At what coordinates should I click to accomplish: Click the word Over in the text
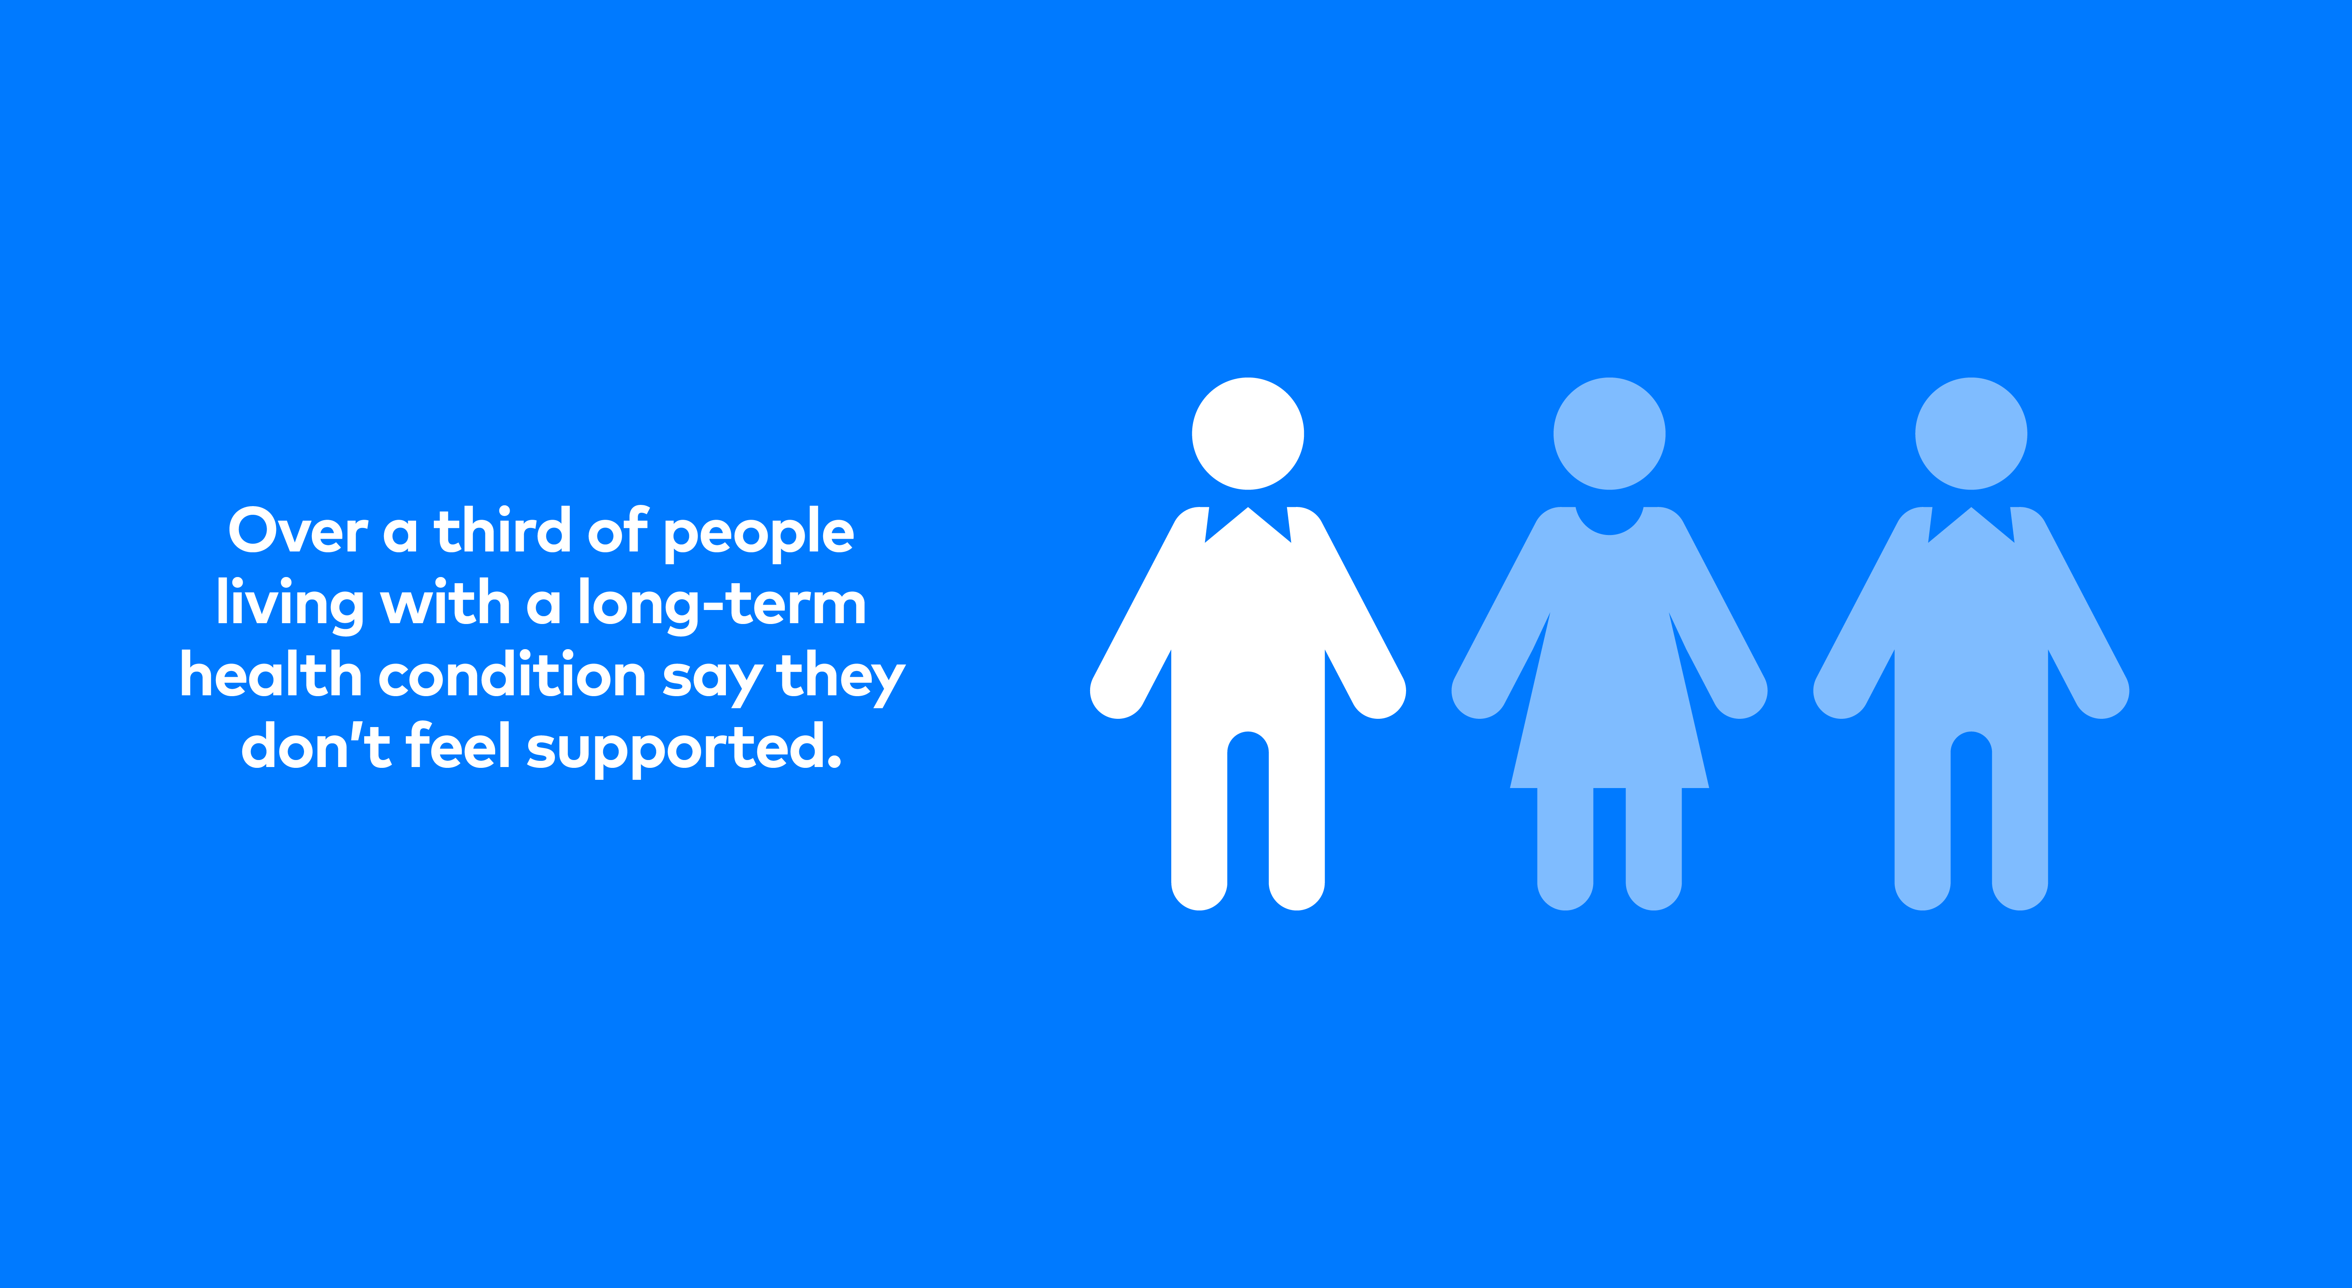pos(297,532)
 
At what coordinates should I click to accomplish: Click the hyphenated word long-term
pos(721,605)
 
